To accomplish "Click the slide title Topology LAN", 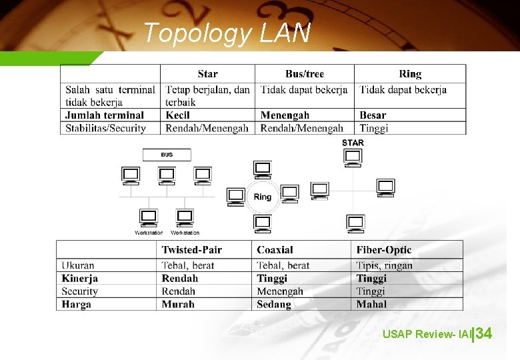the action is coord(227,33).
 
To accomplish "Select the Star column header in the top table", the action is coord(207,74).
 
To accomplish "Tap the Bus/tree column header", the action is coord(304,74).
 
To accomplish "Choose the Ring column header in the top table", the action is coord(410,74).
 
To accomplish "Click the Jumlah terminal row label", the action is coord(105,115).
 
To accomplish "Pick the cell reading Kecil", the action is coord(178,115).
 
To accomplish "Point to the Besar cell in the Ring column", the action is coord(373,115).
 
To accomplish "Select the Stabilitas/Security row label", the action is coord(105,128).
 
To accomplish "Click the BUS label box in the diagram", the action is coord(167,155).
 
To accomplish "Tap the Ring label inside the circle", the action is coord(263,197).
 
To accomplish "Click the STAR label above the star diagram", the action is coord(353,143).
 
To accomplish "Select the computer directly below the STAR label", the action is coord(353,158).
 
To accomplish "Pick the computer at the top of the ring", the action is coord(263,169).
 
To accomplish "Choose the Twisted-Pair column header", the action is coord(192,250).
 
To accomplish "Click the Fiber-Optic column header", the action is coord(384,250).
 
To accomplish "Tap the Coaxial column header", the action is coord(275,250).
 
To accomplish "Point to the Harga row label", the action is coord(76,304).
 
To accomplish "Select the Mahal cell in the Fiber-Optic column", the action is coord(371,304).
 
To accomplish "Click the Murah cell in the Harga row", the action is coord(178,304).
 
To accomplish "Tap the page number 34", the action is coord(484,333).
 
